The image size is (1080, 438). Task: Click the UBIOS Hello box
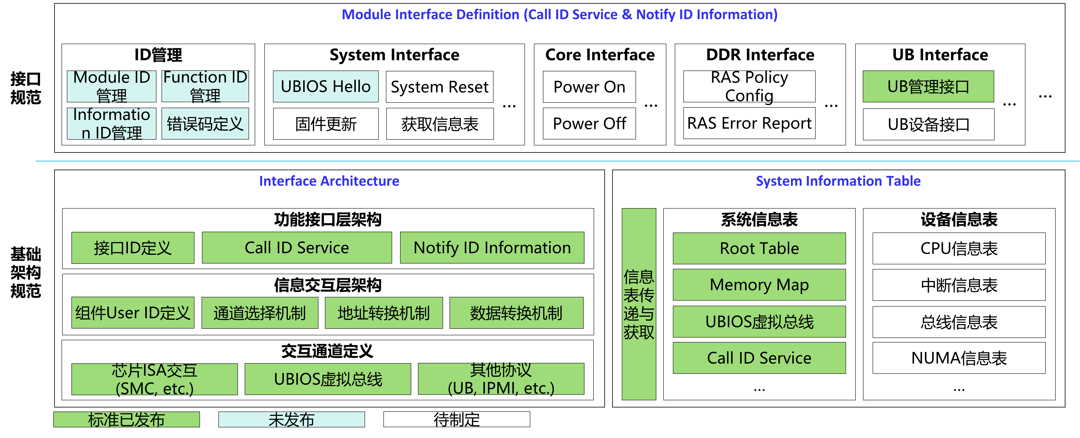click(x=326, y=87)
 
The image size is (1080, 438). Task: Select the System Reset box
click(x=440, y=87)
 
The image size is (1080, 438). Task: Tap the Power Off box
click(x=589, y=123)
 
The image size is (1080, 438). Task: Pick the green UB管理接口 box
click(x=928, y=87)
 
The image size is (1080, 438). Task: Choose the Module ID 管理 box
click(x=111, y=86)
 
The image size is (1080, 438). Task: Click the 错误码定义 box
click(x=205, y=123)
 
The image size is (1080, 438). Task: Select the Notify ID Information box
click(x=492, y=248)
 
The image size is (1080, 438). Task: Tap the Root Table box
click(x=759, y=248)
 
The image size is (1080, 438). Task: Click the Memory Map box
click(x=759, y=285)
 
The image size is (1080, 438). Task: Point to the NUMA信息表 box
click(x=959, y=358)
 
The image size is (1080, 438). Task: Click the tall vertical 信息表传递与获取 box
click(x=639, y=304)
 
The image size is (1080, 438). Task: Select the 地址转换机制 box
click(x=384, y=313)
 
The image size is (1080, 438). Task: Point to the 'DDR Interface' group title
click(x=760, y=55)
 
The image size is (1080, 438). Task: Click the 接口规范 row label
click(x=26, y=88)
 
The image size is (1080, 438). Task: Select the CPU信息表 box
click(x=959, y=248)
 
